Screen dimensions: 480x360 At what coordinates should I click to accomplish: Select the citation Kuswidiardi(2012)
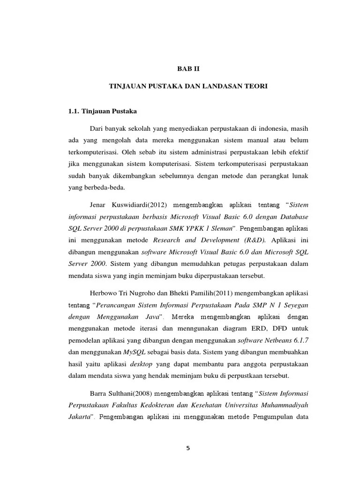click(x=144, y=204)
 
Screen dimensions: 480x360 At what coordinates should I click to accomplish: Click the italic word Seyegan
click(x=294, y=305)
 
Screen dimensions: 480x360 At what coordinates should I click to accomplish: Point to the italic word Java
click(x=153, y=317)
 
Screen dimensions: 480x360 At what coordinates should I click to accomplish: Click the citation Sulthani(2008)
click(x=130, y=392)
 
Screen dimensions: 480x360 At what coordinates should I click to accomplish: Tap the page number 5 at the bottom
click(x=188, y=448)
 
